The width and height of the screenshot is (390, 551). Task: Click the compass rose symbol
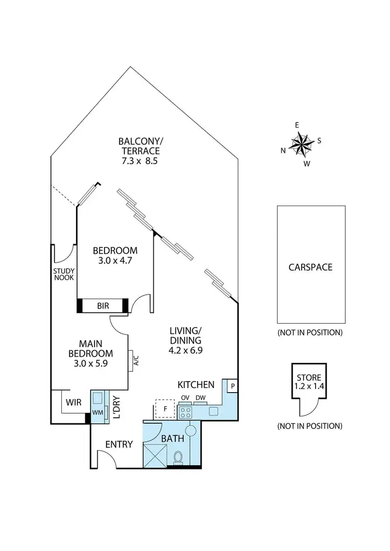point(301,144)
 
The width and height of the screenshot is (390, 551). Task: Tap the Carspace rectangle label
point(310,267)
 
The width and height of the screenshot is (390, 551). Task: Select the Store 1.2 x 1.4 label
point(309,382)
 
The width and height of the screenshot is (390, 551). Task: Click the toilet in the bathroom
point(178,457)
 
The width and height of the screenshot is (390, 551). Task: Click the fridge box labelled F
point(165,409)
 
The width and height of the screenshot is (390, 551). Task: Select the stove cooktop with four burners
point(186,412)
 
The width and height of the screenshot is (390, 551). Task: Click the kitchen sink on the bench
point(213,412)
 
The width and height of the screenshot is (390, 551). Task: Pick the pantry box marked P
point(231,386)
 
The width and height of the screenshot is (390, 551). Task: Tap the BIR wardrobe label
point(103,306)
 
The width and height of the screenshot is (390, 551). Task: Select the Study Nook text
point(64,274)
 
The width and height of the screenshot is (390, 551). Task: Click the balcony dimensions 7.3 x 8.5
point(139,161)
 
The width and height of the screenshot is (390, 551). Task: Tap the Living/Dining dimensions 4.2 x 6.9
point(186,351)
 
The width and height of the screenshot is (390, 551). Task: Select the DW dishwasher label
point(200,398)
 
